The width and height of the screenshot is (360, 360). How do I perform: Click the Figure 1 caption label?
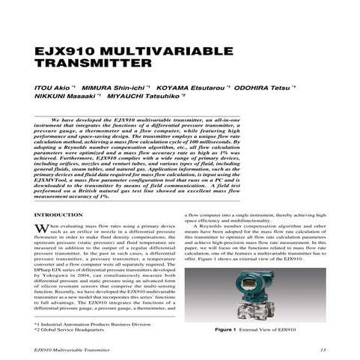point(228,329)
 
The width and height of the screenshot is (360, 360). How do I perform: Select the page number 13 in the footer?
point(322,349)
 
